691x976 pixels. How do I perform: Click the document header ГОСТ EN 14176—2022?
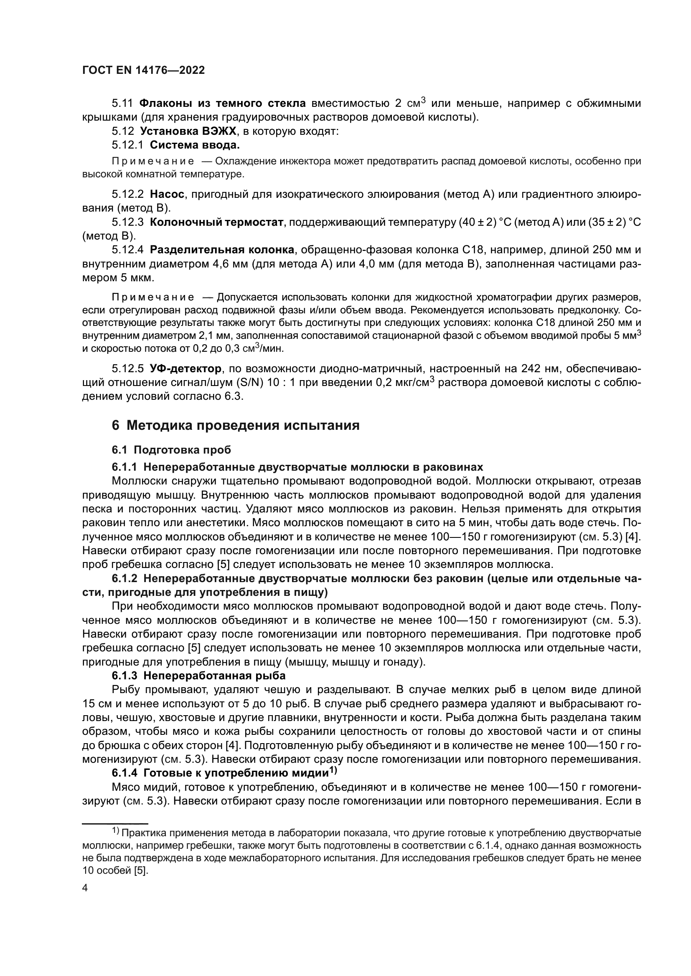coord(143,70)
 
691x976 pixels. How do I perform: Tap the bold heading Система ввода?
coord(195,145)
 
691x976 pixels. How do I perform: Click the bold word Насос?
coord(167,194)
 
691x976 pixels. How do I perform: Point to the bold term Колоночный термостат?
coord(216,222)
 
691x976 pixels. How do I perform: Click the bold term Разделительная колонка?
coord(222,250)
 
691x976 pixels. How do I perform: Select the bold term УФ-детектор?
coord(185,368)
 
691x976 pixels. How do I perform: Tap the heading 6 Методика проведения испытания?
coord(236,425)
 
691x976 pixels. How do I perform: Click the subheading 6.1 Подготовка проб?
coord(171,450)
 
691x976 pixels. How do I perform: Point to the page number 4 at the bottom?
coord(85,888)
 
